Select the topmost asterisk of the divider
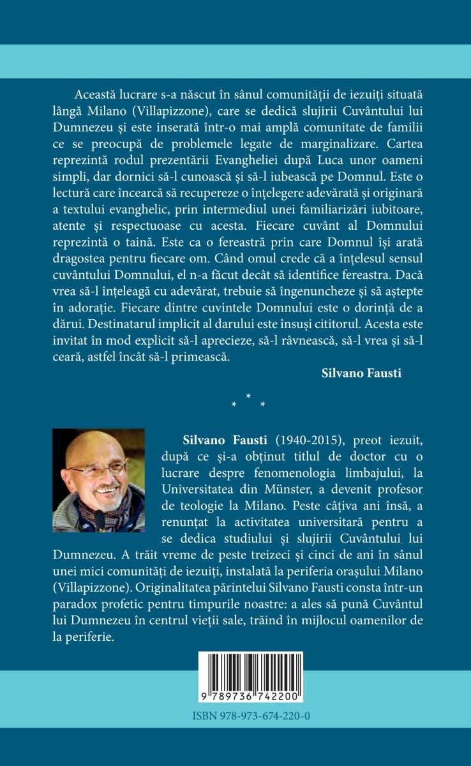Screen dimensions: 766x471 (x=248, y=397)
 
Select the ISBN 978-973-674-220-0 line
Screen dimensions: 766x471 (x=251, y=717)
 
